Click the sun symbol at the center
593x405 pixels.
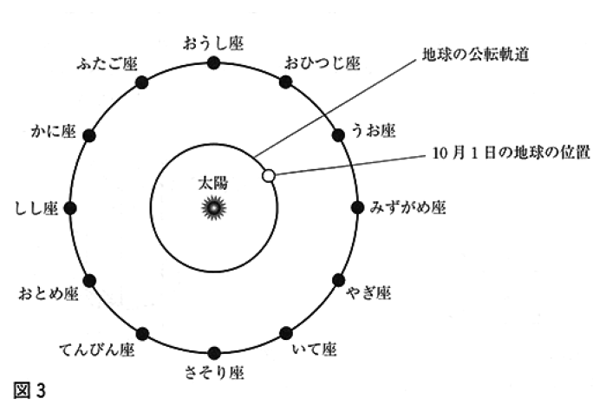pyautogui.click(x=213, y=207)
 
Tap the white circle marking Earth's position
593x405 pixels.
pyautogui.click(x=269, y=175)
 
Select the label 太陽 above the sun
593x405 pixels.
pyautogui.click(x=213, y=183)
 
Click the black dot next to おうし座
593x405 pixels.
pyautogui.click(x=213, y=62)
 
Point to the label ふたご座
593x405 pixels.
pyautogui.click(x=107, y=64)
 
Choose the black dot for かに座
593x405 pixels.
pyautogui.click(x=89, y=135)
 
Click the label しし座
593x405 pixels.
pyautogui.click(x=36, y=208)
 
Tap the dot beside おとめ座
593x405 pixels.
pyautogui.click(x=89, y=281)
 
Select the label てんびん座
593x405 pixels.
pyautogui.click(x=97, y=349)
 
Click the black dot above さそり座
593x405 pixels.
pyautogui.click(x=214, y=353)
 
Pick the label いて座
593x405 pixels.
pyautogui.click(x=315, y=349)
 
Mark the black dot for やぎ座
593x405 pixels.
pyautogui.click(x=338, y=280)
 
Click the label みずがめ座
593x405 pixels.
pyautogui.click(x=407, y=207)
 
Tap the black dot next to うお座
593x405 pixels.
pyautogui.click(x=338, y=134)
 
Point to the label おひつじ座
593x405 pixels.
pyautogui.click(x=323, y=63)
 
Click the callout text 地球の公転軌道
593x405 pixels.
pyautogui.click(x=475, y=55)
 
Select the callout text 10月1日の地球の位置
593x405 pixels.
pyautogui.click(x=512, y=153)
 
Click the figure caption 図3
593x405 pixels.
pyautogui.click(x=29, y=390)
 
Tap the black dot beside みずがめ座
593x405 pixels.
pyautogui.click(x=357, y=207)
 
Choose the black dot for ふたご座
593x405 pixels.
pyautogui.click(x=142, y=82)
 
